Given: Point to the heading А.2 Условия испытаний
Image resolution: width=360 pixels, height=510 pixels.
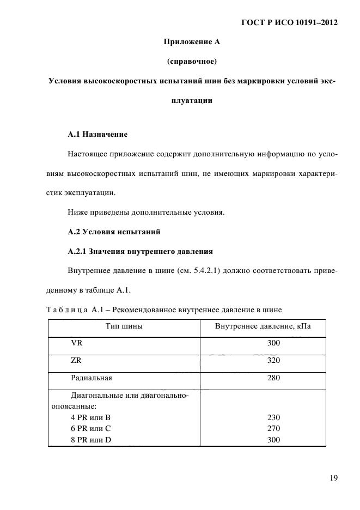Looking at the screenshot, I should [x=113, y=232].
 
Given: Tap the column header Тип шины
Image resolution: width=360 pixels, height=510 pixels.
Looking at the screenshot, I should [x=124, y=327].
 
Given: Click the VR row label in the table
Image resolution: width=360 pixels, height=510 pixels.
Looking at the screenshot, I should [x=77, y=344].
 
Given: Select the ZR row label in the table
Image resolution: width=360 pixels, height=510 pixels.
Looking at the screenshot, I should [x=77, y=360].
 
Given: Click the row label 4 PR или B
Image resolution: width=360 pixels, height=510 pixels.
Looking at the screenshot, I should [x=90, y=417].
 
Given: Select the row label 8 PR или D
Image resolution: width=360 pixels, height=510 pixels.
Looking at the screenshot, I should [x=91, y=440].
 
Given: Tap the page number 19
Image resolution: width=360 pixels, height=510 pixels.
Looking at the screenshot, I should [x=333, y=478].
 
